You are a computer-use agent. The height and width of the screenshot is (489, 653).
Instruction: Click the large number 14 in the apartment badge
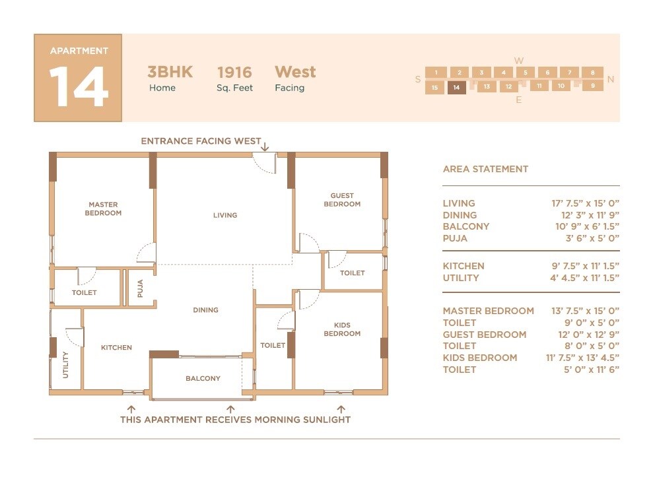(x=78, y=86)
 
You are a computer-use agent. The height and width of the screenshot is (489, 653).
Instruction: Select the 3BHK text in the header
(x=170, y=72)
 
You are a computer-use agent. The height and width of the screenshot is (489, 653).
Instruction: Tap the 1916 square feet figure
(x=234, y=72)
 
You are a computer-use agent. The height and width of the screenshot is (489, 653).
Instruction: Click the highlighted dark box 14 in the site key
(x=456, y=87)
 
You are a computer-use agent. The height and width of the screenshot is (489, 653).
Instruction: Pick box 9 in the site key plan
(x=593, y=85)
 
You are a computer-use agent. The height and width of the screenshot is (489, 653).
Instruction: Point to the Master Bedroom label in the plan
(x=103, y=209)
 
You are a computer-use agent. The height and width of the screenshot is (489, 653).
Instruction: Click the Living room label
(x=225, y=215)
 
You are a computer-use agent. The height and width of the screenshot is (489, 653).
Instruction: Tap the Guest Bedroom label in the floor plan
(x=342, y=200)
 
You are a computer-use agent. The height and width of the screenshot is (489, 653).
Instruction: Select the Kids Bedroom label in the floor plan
(x=342, y=329)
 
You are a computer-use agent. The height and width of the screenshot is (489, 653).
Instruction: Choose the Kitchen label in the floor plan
(x=116, y=348)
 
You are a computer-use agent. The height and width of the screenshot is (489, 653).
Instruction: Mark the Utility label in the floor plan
(x=65, y=364)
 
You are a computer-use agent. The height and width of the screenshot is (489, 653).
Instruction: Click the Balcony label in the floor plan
(x=203, y=379)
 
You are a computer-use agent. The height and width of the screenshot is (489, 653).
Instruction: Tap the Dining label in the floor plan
(x=205, y=310)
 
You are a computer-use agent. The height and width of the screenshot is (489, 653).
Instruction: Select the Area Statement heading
(x=485, y=169)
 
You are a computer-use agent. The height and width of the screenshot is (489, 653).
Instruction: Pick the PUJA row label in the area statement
(x=455, y=238)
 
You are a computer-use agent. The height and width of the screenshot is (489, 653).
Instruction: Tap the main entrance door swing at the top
(x=265, y=164)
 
